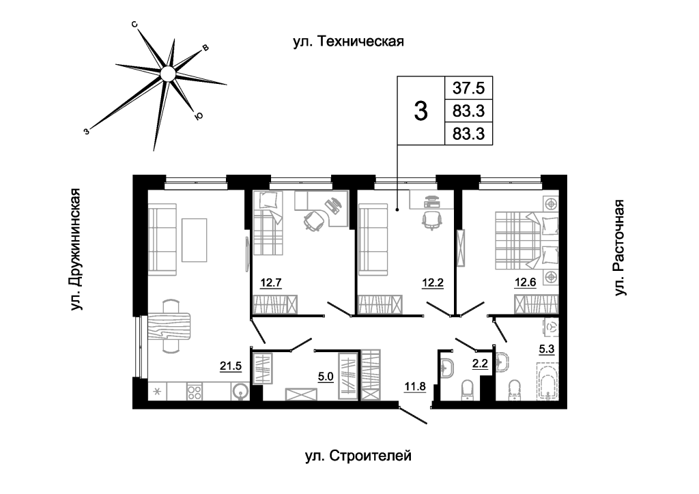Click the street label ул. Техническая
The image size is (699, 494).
(x=349, y=42)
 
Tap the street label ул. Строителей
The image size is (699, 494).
(x=358, y=456)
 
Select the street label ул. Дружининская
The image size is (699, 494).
(x=75, y=249)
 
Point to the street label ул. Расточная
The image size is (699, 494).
(x=619, y=248)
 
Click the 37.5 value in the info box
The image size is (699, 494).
(x=468, y=88)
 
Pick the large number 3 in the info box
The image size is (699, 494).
(x=420, y=111)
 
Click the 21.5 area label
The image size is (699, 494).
(x=231, y=366)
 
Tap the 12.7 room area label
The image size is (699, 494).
(x=271, y=283)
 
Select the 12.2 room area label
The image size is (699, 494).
(x=433, y=283)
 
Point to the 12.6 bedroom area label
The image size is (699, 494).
(x=525, y=283)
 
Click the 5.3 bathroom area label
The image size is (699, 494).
(x=547, y=349)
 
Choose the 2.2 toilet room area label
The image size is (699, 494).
(x=480, y=364)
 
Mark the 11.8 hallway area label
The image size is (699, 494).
(x=415, y=386)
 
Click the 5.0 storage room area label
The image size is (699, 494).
(x=326, y=377)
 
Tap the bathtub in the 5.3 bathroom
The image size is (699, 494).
(x=547, y=381)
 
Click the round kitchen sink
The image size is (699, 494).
(x=240, y=392)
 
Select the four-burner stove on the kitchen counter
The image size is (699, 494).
(x=195, y=392)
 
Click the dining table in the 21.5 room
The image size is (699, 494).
(x=169, y=327)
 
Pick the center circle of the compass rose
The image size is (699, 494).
(x=167, y=74)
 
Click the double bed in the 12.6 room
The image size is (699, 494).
(x=526, y=241)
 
